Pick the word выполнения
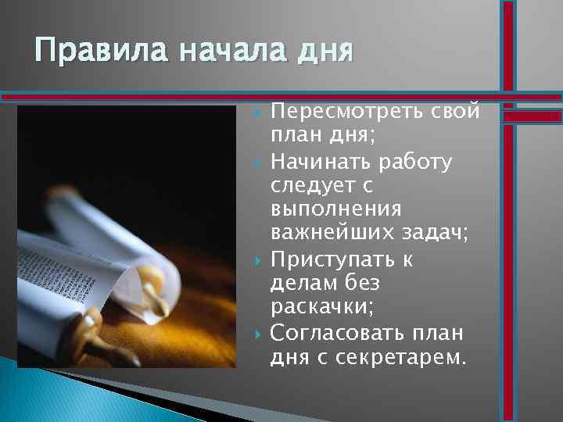coord(336,209)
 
